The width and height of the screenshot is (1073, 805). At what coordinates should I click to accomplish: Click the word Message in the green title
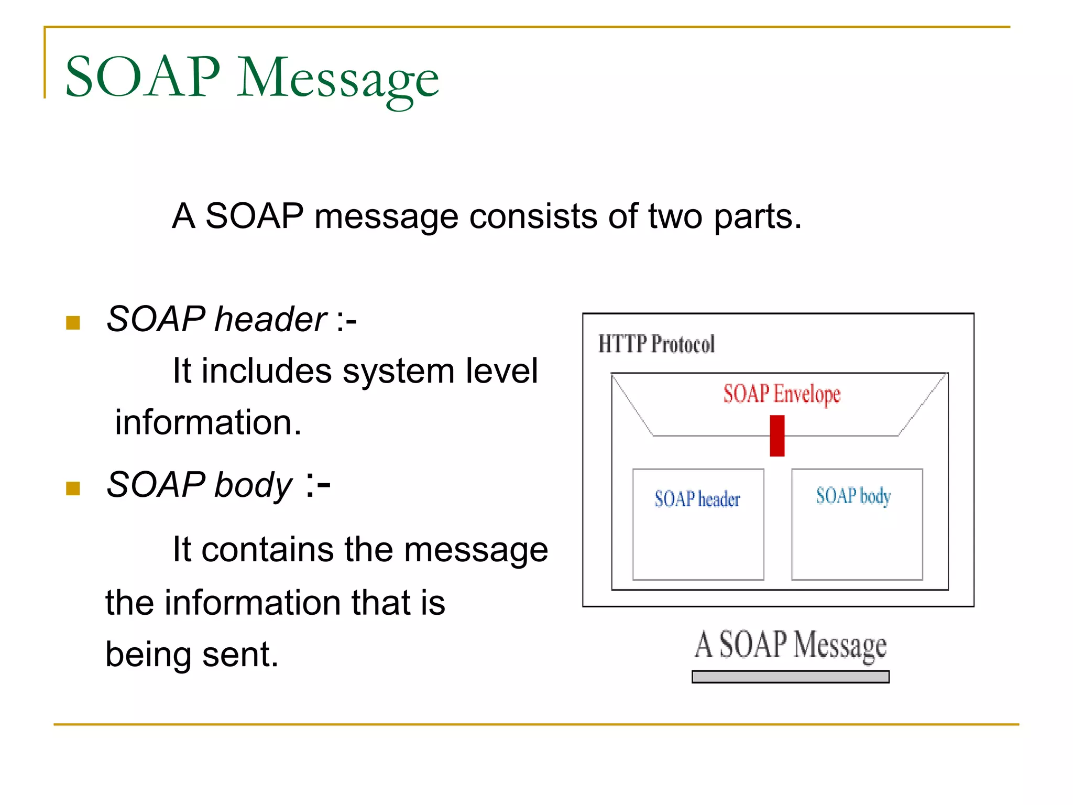(338, 79)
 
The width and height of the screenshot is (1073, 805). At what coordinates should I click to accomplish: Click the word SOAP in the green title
(143, 77)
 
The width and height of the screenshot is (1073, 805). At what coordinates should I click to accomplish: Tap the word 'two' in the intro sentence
(675, 216)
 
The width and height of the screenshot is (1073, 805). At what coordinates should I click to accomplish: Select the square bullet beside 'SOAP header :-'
(73, 322)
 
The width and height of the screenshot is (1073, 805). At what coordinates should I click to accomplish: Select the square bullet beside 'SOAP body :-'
(73, 488)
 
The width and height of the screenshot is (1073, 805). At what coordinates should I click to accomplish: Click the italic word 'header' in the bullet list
(270, 319)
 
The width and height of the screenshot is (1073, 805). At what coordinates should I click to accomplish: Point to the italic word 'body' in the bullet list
(253, 485)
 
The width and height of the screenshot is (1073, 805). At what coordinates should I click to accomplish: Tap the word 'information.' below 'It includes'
(208, 422)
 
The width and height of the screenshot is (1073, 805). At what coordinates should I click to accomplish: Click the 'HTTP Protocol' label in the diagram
(656, 344)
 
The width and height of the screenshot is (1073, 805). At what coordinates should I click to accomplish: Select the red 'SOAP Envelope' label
(781, 394)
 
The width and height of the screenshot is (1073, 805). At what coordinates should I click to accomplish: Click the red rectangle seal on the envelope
(776, 436)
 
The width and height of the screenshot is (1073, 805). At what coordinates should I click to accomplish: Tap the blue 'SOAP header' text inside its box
(697, 499)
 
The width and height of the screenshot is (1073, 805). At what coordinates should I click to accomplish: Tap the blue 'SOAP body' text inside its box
(853, 496)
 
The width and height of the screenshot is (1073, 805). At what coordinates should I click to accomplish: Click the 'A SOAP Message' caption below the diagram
(790, 645)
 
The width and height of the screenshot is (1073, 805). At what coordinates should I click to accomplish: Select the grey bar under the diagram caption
(790, 677)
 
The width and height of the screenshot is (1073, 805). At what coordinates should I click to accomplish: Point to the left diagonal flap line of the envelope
(632, 405)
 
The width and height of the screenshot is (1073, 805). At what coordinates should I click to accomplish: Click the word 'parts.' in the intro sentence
(758, 216)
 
